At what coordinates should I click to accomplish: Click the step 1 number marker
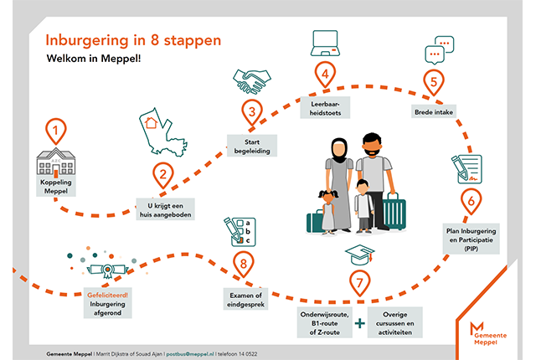click(55, 131)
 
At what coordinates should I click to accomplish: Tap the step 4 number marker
click(322, 75)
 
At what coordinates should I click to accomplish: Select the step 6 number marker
click(472, 201)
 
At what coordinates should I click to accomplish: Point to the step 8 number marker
click(243, 265)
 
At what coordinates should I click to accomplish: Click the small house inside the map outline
click(152, 123)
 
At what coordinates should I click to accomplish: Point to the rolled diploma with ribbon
click(107, 270)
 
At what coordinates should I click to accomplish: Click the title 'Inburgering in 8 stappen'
click(134, 39)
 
